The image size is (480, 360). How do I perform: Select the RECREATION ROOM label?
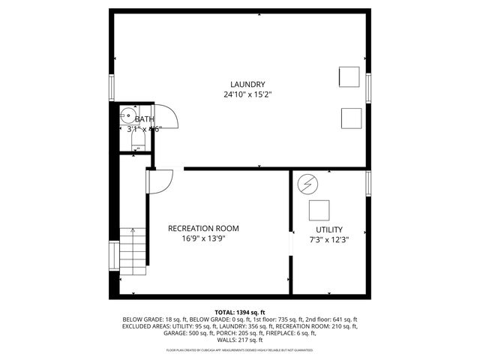(x=203, y=228)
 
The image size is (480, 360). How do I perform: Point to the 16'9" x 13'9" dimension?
(x=203, y=238)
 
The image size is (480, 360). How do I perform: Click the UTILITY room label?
(x=328, y=229)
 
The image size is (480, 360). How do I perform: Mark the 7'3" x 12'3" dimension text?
(x=328, y=240)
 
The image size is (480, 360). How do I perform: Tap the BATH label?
(x=144, y=118)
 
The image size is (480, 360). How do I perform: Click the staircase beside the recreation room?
(x=133, y=250)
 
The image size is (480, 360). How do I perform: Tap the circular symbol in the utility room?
(x=307, y=184)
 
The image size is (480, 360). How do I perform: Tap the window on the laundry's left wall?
(x=112, y=86)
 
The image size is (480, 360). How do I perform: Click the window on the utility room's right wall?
(x=368, y=184)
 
